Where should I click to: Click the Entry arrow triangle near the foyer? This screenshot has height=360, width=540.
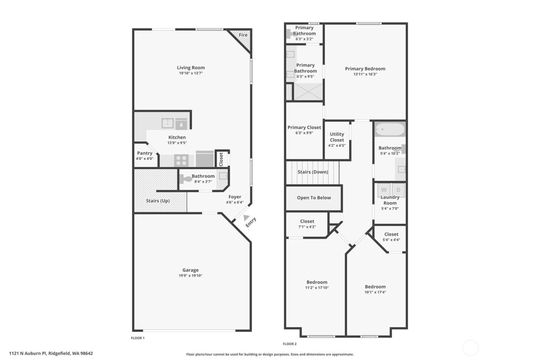pos(246,218)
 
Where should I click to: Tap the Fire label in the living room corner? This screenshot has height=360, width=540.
pos(243,35)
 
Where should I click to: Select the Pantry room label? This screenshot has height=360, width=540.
pos(145,153)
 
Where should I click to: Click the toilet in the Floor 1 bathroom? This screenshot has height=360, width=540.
pos(186,179)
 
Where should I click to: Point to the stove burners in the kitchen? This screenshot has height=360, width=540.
pos(181,160)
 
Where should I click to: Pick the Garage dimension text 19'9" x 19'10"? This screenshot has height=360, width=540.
pos(191,276)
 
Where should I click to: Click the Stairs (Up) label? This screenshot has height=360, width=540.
pos(158,201)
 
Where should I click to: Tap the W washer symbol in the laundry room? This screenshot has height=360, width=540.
pos(384,190)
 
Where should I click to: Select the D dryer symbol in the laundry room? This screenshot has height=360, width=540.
pos(398,190)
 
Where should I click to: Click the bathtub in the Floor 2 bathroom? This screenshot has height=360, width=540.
pos(390,129)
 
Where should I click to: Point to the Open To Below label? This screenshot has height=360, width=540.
pos(314,198)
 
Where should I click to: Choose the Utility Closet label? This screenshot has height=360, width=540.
pos(337,137)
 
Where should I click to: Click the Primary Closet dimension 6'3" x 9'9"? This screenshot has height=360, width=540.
pos(304,133)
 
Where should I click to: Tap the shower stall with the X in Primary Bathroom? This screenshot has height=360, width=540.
pos(308,92)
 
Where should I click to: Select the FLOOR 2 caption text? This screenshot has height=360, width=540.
pos(290,344)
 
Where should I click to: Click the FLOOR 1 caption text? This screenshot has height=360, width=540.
pos(138,338)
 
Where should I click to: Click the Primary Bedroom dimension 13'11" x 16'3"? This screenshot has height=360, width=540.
pos(365,74)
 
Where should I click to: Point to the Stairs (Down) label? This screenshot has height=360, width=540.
pos(313,172)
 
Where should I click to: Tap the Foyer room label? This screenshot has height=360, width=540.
pos(235,197)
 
